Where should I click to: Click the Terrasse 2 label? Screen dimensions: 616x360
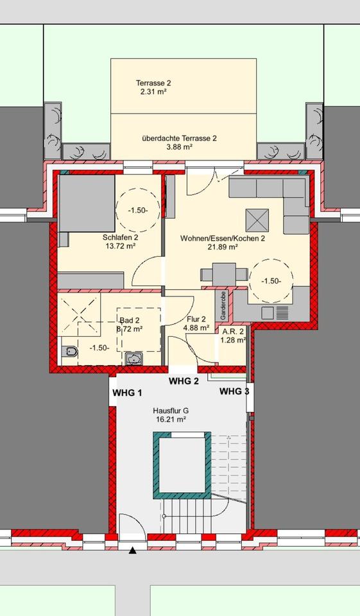(x=153, y=83)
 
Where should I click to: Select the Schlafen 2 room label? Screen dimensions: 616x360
(x=120, y=237)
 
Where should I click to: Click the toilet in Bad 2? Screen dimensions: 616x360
(x=70, y=352)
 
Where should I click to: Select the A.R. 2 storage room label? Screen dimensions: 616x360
(x=232, y=331)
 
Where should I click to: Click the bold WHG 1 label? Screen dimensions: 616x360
(x=127, y=393)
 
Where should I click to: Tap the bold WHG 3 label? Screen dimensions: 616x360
(x=234, y=391)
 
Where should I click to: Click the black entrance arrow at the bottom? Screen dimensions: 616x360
(x=133, y=550)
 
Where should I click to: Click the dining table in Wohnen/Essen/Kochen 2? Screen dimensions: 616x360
(x=223, y=274)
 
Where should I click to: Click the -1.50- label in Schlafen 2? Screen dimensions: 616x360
(x=137, y=210)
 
